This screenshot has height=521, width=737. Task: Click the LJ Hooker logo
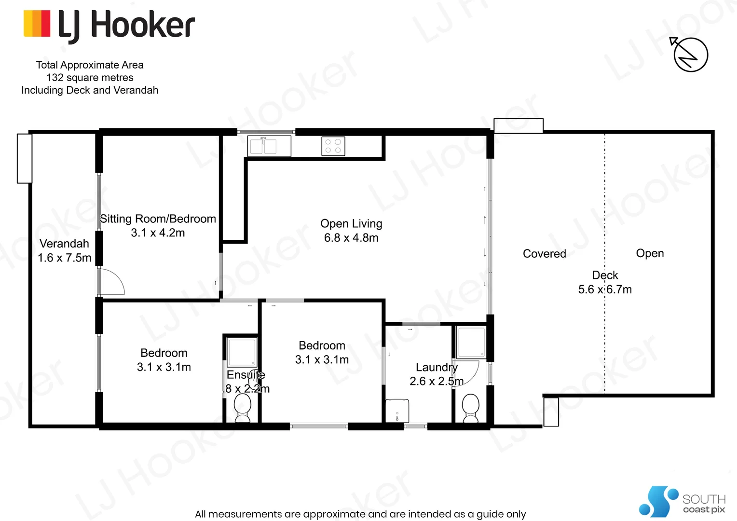[x=109, y=25]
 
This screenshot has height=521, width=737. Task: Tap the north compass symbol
[x=690, y=55]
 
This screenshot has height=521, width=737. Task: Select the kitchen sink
[x=269, y=146]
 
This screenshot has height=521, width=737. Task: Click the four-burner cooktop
[x=333, y=146]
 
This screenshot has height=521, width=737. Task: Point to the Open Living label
[x=351, y=224]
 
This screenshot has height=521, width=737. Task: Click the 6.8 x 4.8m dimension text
[x=351, y=238]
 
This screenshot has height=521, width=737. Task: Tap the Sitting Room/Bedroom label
[x=158, y=219]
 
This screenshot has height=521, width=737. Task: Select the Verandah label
[x=64, y=244]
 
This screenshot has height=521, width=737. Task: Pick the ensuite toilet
[x=243, y=408]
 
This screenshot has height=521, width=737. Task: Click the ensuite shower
[x=242, y=352]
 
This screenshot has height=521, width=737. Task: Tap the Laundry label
[x=437, y=368]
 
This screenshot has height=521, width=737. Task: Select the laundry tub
[x=397, y=411]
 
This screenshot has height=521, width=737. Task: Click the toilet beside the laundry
[x=470, y=408]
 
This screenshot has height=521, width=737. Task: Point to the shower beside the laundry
[x=471, y=343]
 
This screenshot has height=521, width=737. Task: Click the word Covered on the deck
[x=544, y=254]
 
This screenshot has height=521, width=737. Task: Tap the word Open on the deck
[x=650, y=253]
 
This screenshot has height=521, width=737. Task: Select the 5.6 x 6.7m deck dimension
[x=605, y=289]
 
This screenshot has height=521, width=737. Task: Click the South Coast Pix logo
[x=682, y=502]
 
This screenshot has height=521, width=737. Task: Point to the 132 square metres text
[x=90, y=78]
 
